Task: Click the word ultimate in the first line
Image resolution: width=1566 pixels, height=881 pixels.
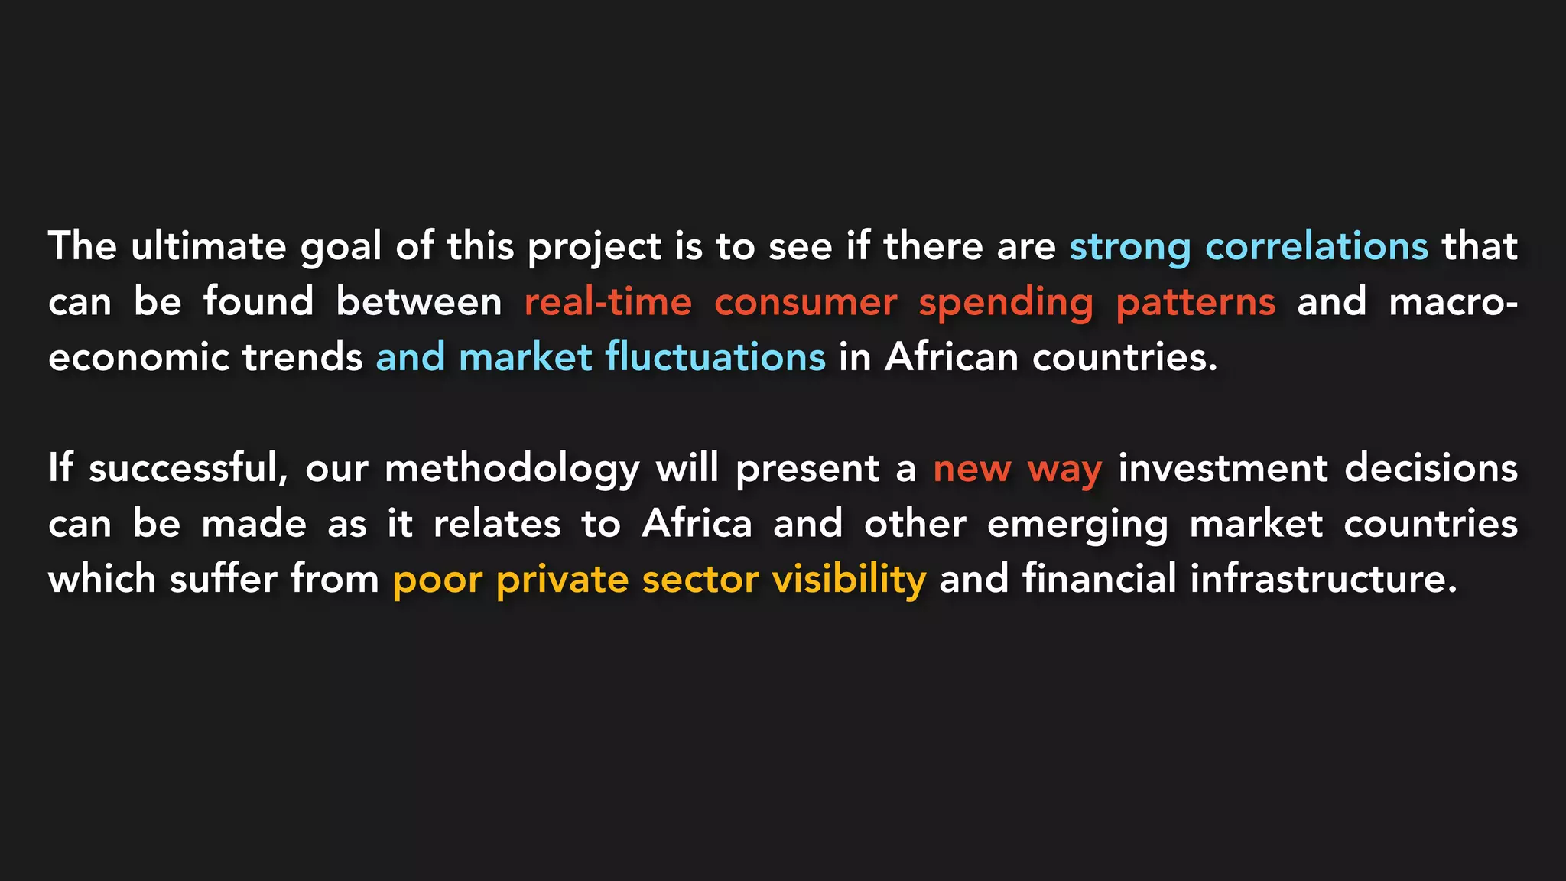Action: click(208, 246)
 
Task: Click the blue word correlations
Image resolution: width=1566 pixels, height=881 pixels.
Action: click(1317, 246)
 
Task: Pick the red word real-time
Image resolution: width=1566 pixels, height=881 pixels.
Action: click(608, 302)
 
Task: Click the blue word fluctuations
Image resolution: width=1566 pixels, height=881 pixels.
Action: click(715, 357)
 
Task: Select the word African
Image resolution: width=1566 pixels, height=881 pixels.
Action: click(952, 357)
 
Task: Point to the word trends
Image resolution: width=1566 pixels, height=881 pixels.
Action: click(303, 357)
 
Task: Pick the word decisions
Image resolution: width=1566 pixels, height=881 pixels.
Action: click(1431, 468)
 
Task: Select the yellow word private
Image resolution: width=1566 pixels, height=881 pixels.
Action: click(562, 580)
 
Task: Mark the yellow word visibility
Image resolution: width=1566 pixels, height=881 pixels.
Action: click(849, 580)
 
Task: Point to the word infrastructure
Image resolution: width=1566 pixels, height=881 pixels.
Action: click(1323, 579)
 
